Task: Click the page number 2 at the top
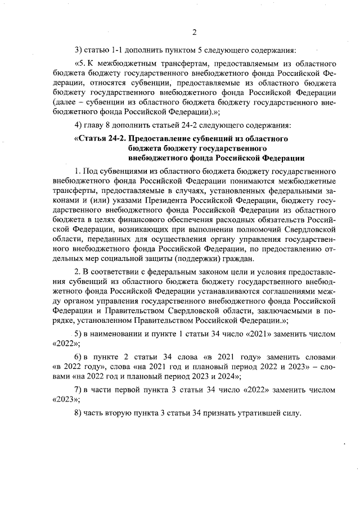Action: coord(193,31)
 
